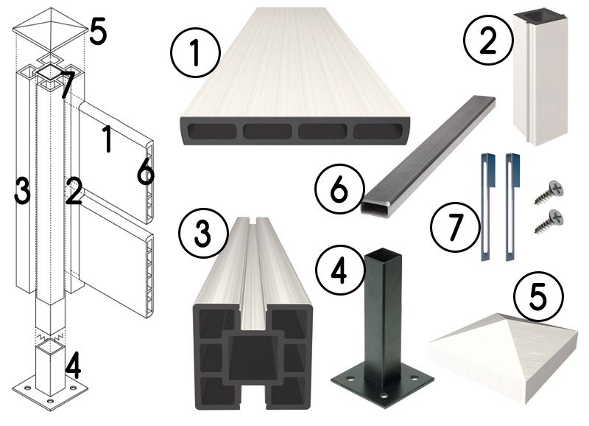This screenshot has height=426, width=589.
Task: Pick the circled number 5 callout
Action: point(538,298)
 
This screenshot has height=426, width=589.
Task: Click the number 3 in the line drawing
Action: point(22,191)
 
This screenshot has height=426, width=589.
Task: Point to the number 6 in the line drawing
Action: point(145,172)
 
